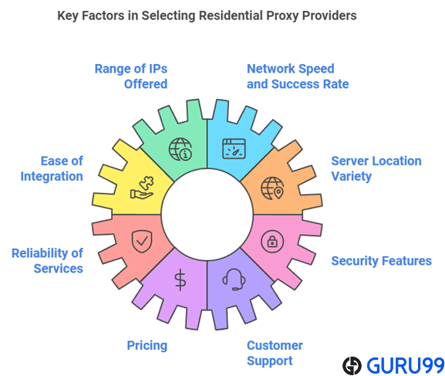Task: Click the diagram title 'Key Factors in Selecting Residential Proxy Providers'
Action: [207, 15]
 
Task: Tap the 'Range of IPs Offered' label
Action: [131, 76]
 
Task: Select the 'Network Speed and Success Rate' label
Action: [298, 76]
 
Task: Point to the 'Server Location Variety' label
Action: [376, 168]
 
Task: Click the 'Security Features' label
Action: [382, 261]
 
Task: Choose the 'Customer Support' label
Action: [275, 353]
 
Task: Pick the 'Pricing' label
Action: [147, 346]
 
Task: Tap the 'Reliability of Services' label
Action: [47, 261]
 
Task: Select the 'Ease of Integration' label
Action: [52, 168]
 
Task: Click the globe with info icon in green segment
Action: [180, 149]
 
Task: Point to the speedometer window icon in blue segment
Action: [234, 149]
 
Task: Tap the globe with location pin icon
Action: [272, 188]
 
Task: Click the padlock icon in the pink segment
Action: [272, 242]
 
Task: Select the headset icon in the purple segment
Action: [234, 279]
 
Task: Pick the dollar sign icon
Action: [180, 280]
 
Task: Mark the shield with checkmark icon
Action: [142, 242]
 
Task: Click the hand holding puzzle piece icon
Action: [142, 188]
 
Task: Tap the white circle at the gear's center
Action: [207, 215]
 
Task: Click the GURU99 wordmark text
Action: [405, 365]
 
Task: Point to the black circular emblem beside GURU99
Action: [352, 366]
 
